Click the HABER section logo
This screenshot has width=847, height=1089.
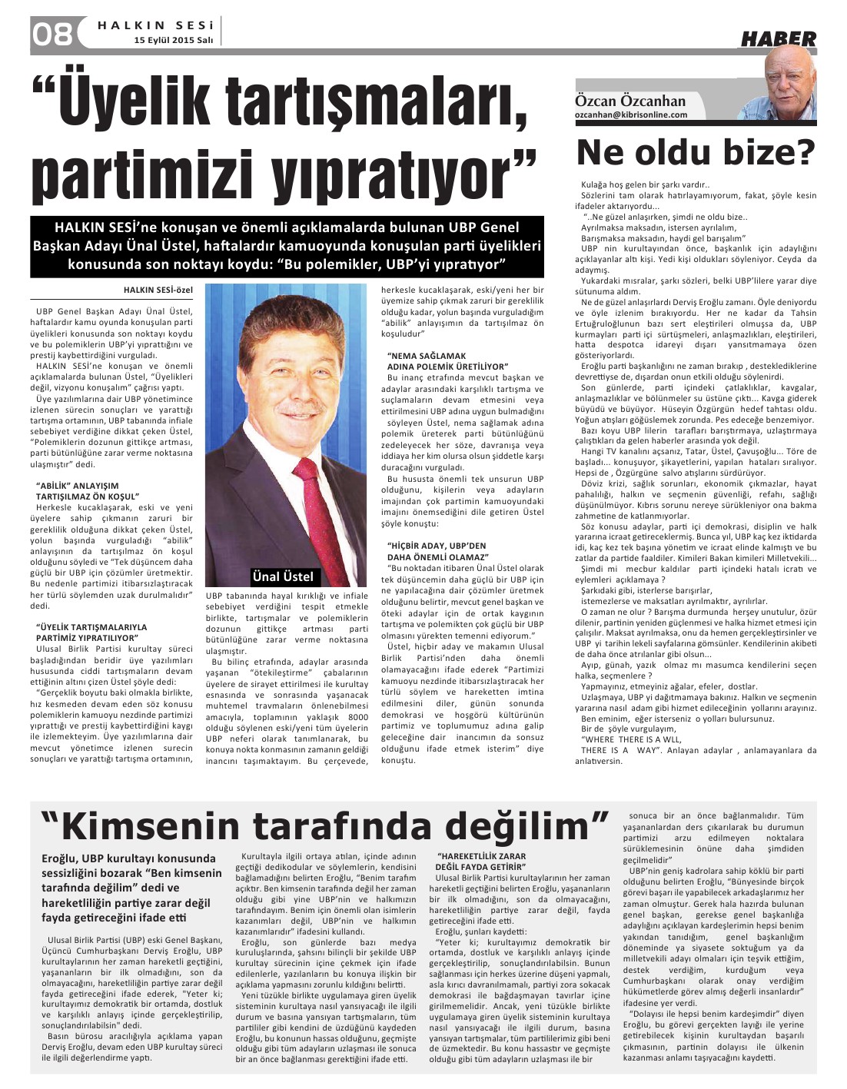click(778, 38)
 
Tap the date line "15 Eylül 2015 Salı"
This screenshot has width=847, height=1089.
click(173, 39)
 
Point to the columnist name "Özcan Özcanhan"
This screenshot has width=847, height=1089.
click(630, 101)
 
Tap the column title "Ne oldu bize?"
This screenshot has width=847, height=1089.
click(695, 152)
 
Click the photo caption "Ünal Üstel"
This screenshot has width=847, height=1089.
click(283, 576)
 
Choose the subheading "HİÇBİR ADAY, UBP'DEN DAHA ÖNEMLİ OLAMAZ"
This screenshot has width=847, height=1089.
click(438, 550)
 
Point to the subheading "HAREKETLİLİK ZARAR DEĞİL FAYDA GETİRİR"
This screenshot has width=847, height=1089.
click(481, 861)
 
